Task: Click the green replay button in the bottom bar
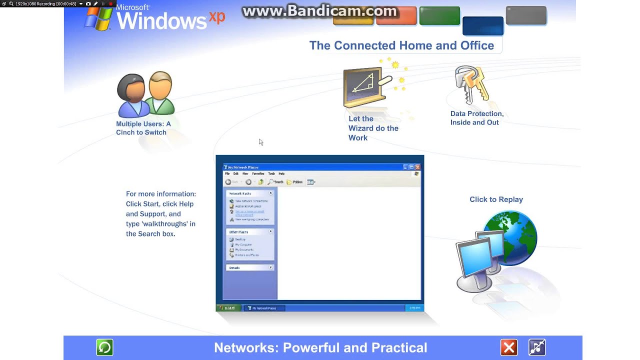point(104,347)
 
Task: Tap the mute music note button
point(537,347)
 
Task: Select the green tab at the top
point(439,16)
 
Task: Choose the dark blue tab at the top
point(482,26)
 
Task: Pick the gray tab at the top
point(526,15)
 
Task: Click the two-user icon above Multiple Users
point(145,94)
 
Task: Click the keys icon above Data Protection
point(471,84)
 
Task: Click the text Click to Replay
point(496,199)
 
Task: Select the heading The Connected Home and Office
point(401,45)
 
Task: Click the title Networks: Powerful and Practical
point(320,347)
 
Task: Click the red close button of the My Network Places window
point(417,167)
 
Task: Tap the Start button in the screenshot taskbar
point(228,308)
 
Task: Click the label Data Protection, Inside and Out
point(476,118)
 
